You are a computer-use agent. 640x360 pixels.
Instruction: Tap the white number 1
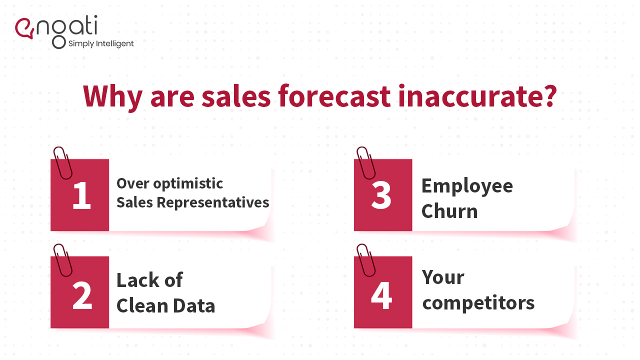point(81,196)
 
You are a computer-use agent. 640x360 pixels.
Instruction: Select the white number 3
point(381,196)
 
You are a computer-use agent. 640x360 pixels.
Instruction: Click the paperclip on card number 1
point(62,162)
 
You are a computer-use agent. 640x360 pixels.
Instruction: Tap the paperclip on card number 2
point(62,260)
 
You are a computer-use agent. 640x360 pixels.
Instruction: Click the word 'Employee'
point(467,186)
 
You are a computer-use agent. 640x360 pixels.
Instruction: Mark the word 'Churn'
point(449,211)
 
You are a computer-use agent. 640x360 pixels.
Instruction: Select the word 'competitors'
point(478,303)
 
